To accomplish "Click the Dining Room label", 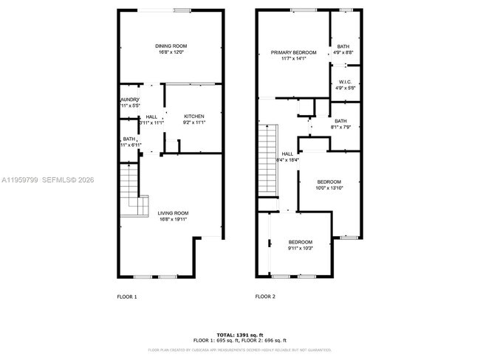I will [170, 46].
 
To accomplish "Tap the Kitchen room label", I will [194, 117].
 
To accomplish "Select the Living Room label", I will [170, 214].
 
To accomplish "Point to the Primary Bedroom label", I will [293, 52].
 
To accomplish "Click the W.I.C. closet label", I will [344, 81].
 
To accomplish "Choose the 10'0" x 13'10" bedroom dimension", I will [329, 188].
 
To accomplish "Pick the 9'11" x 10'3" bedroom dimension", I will [300, 249].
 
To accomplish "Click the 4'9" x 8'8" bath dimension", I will [344, 52].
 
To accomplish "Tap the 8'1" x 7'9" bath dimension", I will [340, 127].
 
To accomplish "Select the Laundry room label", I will [129, 100].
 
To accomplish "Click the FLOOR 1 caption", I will [127, 297].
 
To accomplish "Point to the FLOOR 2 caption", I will [265, 297].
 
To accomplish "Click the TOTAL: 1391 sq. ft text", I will [240, 335].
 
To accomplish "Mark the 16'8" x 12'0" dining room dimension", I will [170, 52].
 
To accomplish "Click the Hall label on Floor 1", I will [151, 117].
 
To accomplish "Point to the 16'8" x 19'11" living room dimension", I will [170, 220].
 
